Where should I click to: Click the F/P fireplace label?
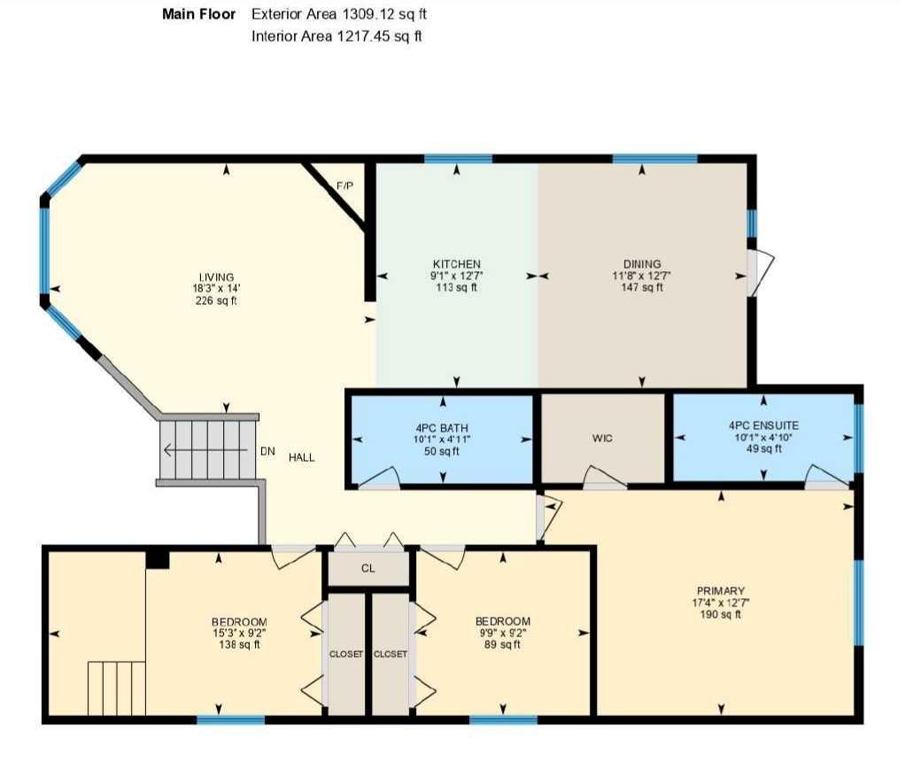pos(344,186)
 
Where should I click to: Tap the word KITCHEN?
pos(456,264)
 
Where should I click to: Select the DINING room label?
pos(641,264)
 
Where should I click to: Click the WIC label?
pos(602,439)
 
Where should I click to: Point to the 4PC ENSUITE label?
pos(763,425)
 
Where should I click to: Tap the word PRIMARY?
pos(720,591)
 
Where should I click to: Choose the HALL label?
pos(301,457)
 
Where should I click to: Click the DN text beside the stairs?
pos(267,451)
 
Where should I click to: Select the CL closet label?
pos(368,569)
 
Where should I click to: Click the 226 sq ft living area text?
pos(216,301)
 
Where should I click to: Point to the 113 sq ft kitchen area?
pos(456,287)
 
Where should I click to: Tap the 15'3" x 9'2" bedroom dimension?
pos(238,633)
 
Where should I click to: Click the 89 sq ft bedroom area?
pos(502,644)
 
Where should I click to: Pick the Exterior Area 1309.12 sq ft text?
pos(340,15)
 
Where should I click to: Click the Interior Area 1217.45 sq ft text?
pos(336,36)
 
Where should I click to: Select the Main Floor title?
pos(199,15)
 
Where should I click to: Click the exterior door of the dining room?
pos(758,273)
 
